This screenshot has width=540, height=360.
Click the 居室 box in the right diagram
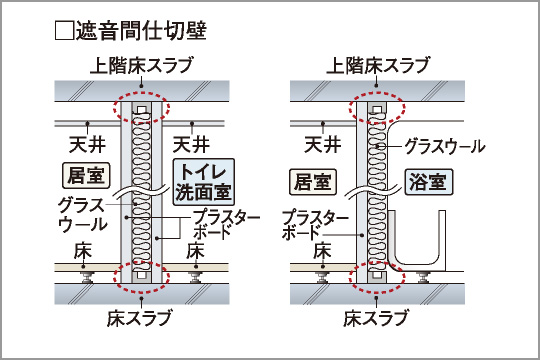307,182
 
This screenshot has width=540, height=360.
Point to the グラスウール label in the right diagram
445,145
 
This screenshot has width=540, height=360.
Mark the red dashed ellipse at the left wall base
141,272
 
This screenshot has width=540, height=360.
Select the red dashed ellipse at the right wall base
379,272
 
